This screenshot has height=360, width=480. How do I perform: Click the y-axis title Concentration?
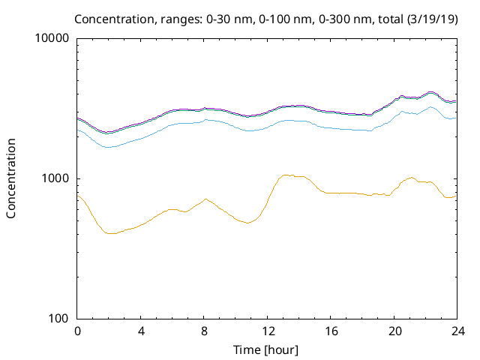coord(11,178)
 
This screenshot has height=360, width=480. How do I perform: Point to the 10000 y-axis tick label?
coord(52,38)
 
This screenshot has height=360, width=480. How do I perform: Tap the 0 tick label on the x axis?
coord(77,331)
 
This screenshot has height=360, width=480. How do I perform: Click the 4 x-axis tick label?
coord(140,331)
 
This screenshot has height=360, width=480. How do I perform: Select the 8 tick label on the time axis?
coord(203,331)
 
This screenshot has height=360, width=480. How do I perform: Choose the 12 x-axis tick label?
coord(266,331)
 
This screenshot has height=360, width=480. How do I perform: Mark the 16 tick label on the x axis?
coord(329,331)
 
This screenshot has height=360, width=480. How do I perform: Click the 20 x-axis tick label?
coord(393,331)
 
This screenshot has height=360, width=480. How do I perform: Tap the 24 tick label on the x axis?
coord(456,331)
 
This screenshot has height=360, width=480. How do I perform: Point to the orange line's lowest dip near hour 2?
coord(111,233)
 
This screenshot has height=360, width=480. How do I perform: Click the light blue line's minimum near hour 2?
coord(108,147)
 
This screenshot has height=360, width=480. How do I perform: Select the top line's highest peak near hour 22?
coord(430,92)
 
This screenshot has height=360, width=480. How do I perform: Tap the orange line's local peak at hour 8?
coord(205,199)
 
